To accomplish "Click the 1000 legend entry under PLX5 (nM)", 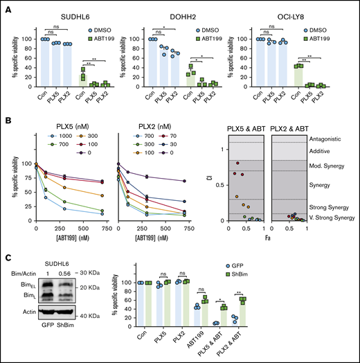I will [x=57, y=136].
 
